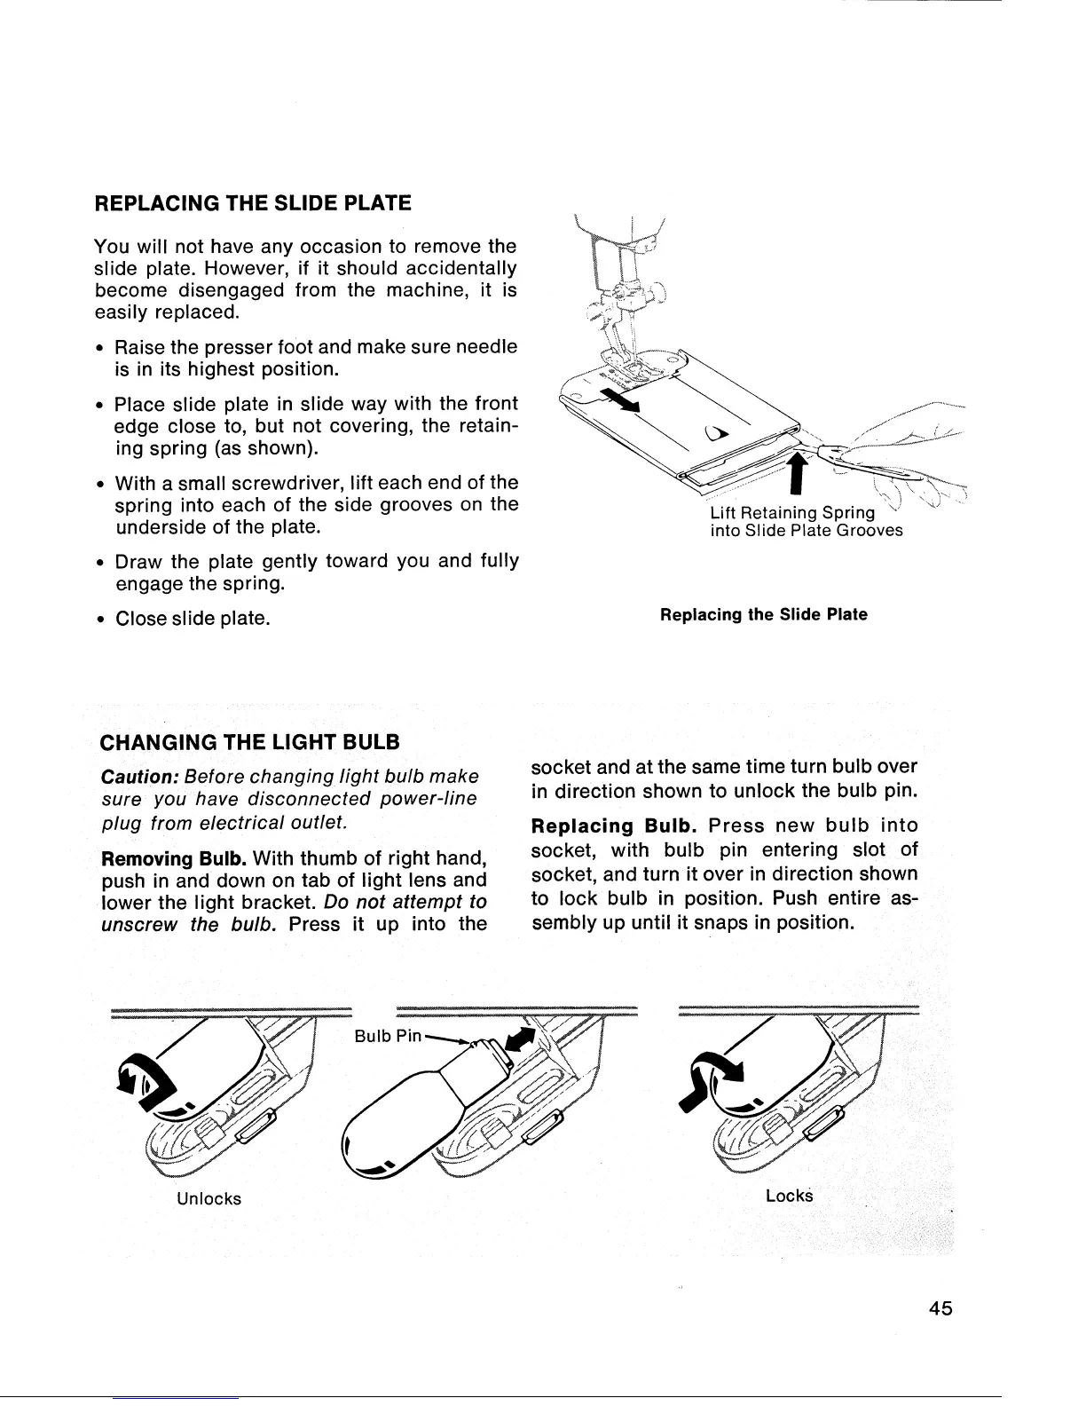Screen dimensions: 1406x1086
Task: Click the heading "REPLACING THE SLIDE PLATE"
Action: coord(253,203)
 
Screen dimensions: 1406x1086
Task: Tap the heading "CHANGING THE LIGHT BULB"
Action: coord(252,740)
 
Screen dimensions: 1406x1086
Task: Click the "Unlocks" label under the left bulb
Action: coord(209,1198)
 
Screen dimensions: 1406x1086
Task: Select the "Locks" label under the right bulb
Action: coord(789,1195)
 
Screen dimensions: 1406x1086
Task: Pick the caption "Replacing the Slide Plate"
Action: coord(763,614)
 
